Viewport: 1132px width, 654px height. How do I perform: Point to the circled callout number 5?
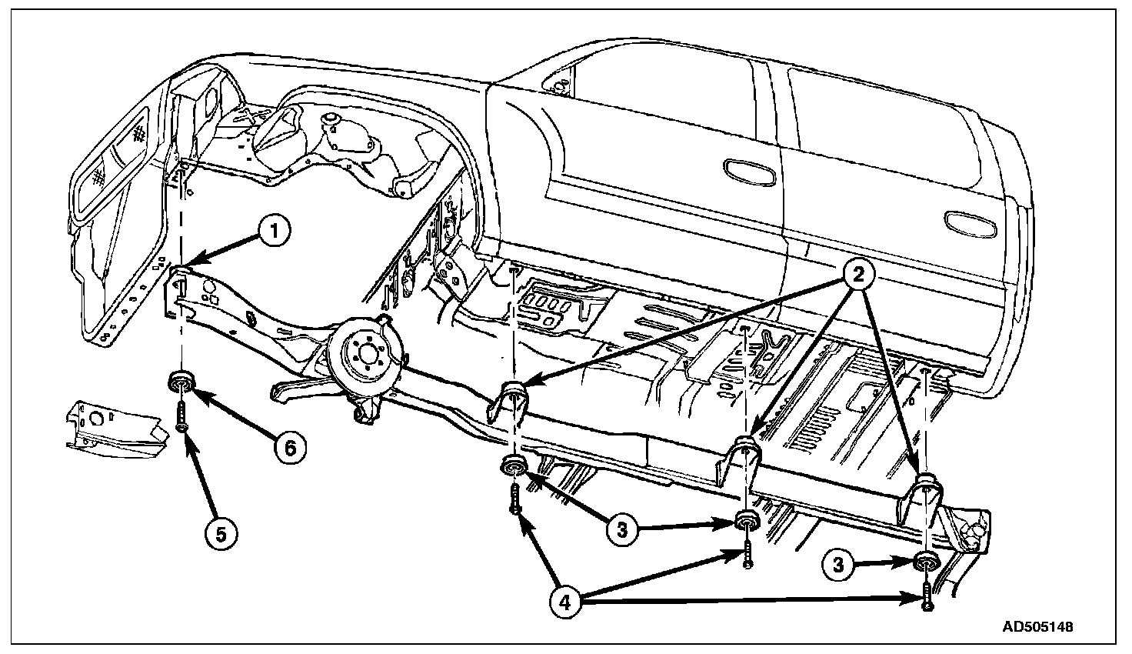tap(221, 533)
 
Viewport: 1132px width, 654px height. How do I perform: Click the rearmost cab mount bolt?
tap(927, 596)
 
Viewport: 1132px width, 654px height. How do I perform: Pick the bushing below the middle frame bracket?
tap(747, 521)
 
